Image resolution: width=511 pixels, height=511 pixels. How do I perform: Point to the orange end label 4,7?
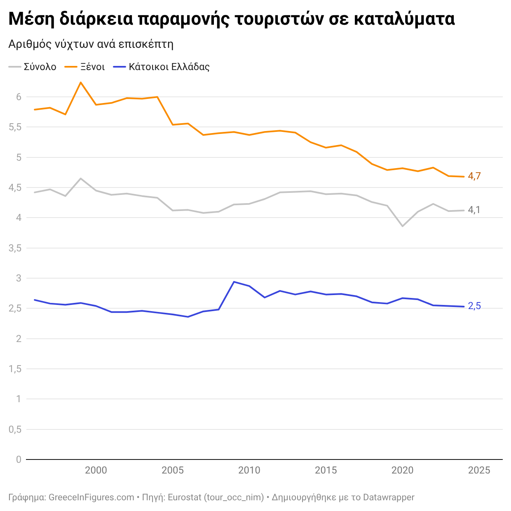pyautogui.click(x=474, y=176)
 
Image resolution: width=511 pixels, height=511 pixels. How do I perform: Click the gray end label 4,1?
pyautogui.click(x=474, y=210)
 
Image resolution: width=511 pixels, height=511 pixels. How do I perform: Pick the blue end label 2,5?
pyautogui.click(x=474, y=306)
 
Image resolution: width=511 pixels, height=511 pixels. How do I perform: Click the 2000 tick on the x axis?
pyautogui.click(x=96, y=470)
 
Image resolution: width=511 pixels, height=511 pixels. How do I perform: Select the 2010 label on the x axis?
pyautogui.click(x=249, y=470)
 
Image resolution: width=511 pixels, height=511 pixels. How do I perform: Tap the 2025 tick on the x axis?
pyautogui.click(x=479, y=470)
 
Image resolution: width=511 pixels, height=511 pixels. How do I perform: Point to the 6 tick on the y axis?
pyautogui.click(x=19, y=97)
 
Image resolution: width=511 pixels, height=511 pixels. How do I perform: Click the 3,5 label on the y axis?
pyautogui.click(x=15, y=248)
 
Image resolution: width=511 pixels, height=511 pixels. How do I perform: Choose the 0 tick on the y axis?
pyautogui.click(x=19, y=459)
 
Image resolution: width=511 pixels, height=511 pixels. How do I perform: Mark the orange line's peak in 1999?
pyautogui.click(x=81, y=82)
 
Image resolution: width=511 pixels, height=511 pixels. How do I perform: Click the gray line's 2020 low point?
pyautogui.click(x=403, y=226)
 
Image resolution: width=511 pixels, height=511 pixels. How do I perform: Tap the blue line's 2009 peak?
pyautogui.click(x=234, y=282)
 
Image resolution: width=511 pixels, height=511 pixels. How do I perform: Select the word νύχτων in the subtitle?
pyautogui.click(x=75, y=44)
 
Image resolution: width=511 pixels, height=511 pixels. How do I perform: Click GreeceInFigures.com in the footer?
pyautogui.click(x=91, y=497)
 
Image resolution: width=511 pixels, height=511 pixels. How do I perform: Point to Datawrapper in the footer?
pyautogui.click(x=389, y=497)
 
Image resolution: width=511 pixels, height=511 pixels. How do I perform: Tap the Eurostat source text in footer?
pyautogui.click(x=185, y=497)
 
